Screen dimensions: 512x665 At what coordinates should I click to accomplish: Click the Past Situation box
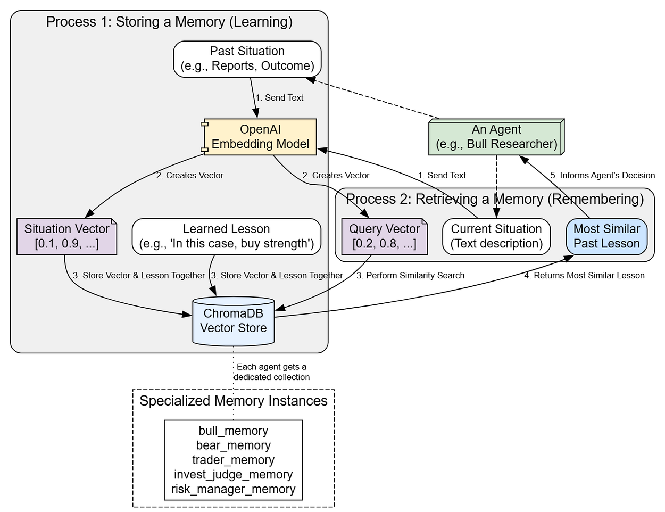point(247,59)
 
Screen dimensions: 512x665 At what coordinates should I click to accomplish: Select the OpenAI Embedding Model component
point(260,137)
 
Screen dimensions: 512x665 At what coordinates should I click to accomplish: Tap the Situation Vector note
point(66,236)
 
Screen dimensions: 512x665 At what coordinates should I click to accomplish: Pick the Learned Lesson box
point(226,236)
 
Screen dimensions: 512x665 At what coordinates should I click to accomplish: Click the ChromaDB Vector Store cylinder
point(233,321)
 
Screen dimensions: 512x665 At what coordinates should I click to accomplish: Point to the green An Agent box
point(496,137)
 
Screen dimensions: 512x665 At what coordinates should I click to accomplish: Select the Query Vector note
point(384,236)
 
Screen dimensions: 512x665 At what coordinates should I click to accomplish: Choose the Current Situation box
point(496,236)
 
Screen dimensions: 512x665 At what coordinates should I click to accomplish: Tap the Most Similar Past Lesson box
point(606,236)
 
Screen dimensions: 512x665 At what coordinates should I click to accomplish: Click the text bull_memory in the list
point(233,431)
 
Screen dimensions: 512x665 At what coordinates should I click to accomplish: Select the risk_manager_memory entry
point(233,489)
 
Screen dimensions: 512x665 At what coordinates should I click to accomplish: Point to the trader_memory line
point(233,460)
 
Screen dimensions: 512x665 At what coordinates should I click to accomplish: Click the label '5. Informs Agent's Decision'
point(602,175)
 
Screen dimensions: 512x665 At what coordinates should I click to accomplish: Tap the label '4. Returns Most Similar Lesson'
point(584,275)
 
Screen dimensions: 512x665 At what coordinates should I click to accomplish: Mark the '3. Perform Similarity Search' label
point(410,275)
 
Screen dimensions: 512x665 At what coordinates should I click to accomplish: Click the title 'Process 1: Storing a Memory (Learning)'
point(169,22)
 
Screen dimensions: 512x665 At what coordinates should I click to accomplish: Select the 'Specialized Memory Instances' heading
point(233,401)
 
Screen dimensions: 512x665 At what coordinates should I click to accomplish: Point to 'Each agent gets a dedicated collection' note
point(271,371)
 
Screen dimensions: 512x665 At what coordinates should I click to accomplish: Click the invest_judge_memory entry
point(233,474)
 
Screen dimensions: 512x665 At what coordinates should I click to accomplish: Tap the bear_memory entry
point(233,445)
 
